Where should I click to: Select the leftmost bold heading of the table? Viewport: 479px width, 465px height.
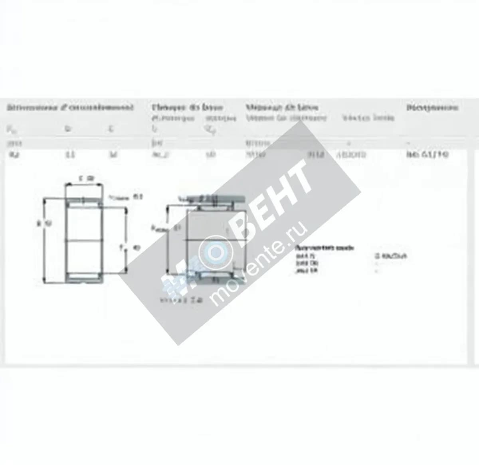pyautogui.click(x=70, y=107)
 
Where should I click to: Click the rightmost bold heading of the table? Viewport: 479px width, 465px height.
pyautogui.click(x=432, y=107)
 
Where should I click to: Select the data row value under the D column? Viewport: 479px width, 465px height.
pyautogui.click(x=70, y=154)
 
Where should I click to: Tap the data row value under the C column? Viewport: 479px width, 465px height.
pyautogui.click(x=113, y=154)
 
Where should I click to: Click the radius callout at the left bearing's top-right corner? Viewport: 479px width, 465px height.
pyautogui.click(x=126, y=197)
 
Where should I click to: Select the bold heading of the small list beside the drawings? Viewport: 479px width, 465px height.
pyautogui.click(x=324, y=248)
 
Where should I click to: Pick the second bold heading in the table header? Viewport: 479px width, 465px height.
pyautogui.click(x=187, y=107)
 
